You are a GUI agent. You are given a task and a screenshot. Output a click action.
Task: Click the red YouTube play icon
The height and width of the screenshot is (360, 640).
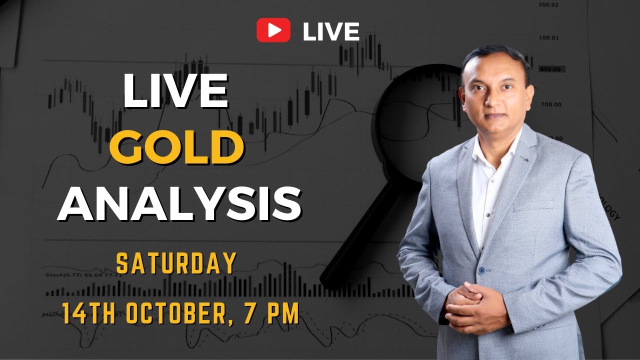[x=273, y=30]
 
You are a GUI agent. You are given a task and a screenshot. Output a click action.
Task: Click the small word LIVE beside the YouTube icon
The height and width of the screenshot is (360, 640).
[x=331, y=31]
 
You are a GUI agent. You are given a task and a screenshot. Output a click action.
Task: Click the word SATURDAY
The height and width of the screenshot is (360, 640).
[x=176, y=263]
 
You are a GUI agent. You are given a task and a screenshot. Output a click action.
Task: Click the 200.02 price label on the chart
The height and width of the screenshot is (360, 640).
[x=548, y=4]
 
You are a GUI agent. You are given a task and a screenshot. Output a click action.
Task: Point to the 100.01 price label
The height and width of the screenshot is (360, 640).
[x=548, y=37]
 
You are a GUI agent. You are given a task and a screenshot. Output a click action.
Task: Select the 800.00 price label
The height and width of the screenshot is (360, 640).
[x=551, y=70]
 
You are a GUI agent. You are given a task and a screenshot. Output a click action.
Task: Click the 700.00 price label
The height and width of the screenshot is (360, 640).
[x=551, y=104]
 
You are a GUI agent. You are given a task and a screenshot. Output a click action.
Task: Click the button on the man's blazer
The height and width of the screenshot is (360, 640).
[x=481, y=270]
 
